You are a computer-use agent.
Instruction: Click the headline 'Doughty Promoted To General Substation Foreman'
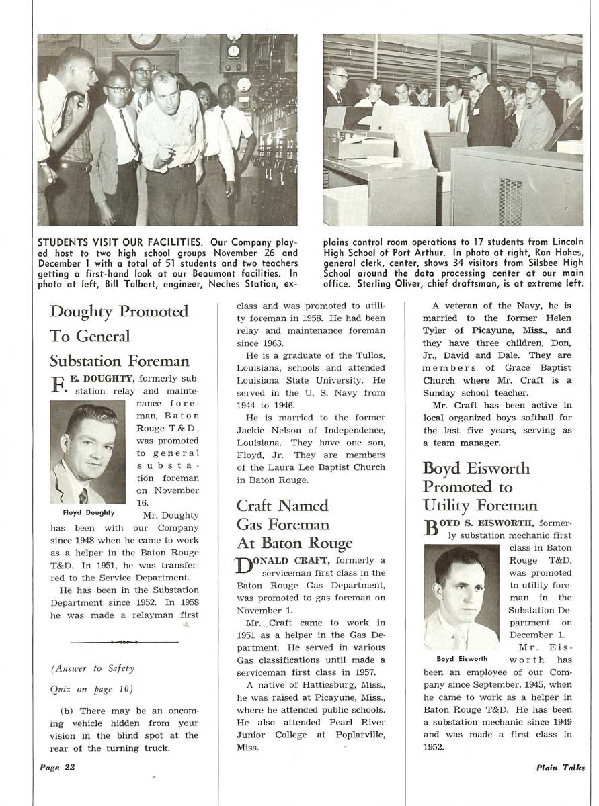pos(119,336)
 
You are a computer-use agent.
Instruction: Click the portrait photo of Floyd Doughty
pos(87,452)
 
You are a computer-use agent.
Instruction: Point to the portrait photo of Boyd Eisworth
pos(461,597)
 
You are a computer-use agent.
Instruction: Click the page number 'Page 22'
pos(56,768)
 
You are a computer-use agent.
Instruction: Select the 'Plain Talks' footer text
pos(560,768)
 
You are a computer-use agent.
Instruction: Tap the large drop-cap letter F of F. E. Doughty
pos(59,385)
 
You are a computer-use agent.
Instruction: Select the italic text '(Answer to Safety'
pos(93,668)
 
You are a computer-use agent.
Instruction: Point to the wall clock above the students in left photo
pos(145,41)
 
